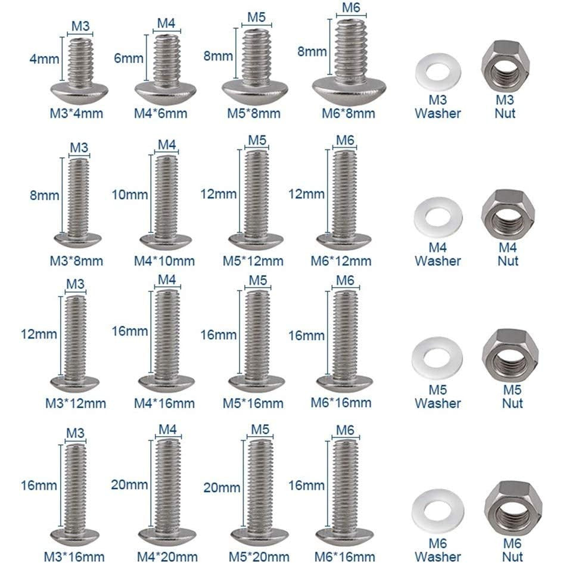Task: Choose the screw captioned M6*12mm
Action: tap(344, 200)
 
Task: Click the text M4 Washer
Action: tap(438, 254)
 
